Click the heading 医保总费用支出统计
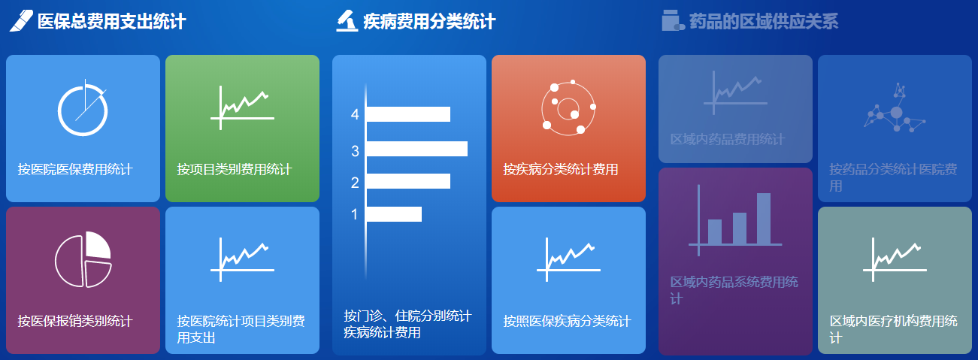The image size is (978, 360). click(112, 21)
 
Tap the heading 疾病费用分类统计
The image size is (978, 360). click(429, 21)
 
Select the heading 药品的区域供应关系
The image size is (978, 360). click(764, 21)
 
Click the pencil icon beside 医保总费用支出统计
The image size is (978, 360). click(21, 21)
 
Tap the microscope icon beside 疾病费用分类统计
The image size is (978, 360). click(347, 21)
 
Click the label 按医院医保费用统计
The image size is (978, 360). click(75, 169)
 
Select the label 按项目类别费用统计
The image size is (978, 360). click(235, 169)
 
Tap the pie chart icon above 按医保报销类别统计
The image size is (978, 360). click(83, 259)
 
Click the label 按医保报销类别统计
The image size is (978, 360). click(75, 321)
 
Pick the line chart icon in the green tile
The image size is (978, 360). click(242, 107)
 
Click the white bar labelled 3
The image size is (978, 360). click(417, 149)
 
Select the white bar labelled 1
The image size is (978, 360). click(394, 214)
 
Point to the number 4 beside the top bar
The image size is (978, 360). click(355, 114)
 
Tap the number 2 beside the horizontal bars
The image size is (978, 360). click(355, 183)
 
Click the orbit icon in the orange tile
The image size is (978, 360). click(568, 107)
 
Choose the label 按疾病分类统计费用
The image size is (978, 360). click(561, 169)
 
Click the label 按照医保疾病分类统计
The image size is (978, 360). click(567, 321)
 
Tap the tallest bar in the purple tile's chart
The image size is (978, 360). click(764, 218)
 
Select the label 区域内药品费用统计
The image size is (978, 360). click(728, 140)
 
